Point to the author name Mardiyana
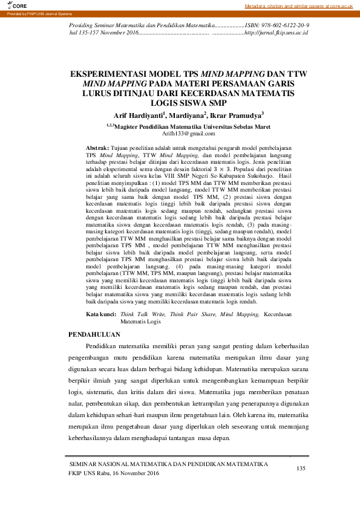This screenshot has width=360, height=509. [188, 115]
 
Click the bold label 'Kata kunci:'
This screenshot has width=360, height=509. [100, 315]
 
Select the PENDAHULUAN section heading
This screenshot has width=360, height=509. [94, 334]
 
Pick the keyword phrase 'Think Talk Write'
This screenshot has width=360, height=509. [143, 315]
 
